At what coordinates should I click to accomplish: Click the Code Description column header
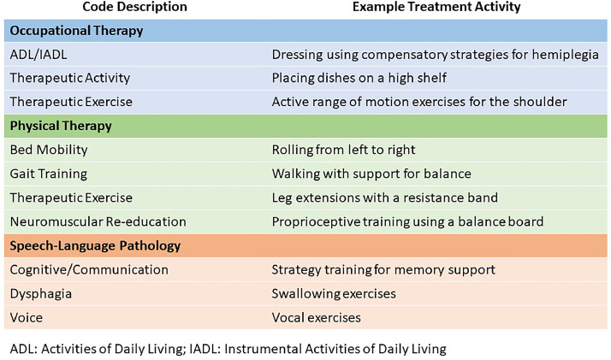[134, 7]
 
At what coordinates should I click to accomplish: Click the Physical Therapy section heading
[61, 126]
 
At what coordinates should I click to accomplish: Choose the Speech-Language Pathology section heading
[95, 245]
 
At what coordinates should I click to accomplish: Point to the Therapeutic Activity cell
[69, 78]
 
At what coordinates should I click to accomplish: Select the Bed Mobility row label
[49, 150]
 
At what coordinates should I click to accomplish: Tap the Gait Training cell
[48, 174]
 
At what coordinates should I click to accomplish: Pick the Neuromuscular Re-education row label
[98, 221]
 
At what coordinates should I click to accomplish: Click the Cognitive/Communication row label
[89, 269]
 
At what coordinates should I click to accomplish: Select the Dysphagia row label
[40, 293]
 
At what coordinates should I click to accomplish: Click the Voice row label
[27, 317]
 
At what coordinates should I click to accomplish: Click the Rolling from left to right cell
[343, 150]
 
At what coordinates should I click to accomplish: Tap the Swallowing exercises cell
[334, 293]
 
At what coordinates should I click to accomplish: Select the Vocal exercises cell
[316, 317]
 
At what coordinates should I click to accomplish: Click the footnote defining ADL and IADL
[228, 348]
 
